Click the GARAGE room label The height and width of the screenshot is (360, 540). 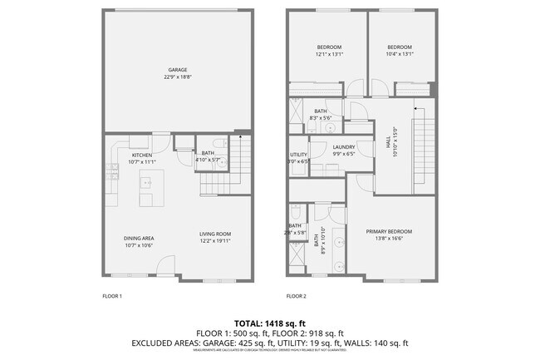click(176, 69)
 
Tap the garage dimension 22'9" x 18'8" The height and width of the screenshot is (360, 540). click(176, 76)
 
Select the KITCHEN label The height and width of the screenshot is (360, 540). click(140, 155)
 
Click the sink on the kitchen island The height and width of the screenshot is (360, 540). click(146, 200)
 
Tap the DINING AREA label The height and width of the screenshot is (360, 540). click(139, 238)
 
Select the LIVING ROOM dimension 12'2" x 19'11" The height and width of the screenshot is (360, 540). click(214, 239)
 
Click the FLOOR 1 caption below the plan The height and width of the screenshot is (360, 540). click(111, 295)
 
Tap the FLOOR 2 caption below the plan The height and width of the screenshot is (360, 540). click(296, 295)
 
